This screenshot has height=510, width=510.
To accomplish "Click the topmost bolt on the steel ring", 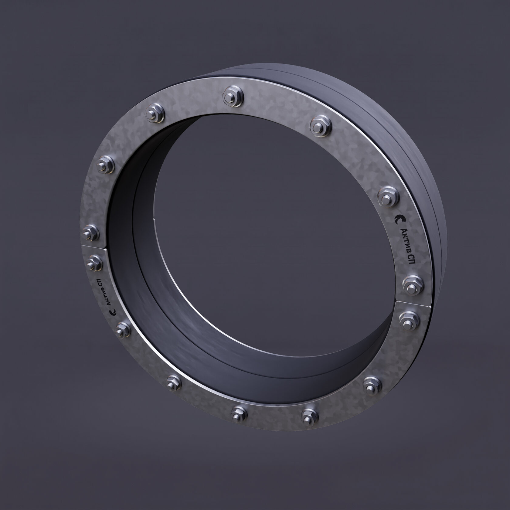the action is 233,97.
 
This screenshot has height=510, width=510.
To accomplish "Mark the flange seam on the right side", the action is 412,303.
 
